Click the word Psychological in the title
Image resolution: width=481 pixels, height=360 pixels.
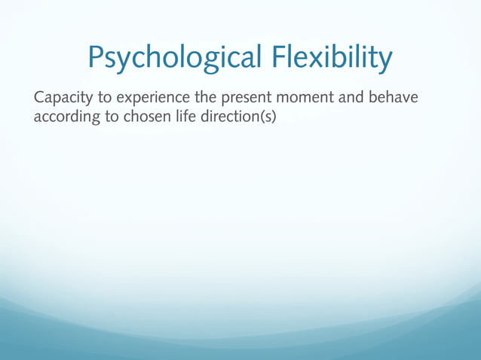(173, 58)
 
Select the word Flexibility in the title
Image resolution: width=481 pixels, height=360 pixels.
(330, 58)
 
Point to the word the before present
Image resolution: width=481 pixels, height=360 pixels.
(207, 99)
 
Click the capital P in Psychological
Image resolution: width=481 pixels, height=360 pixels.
(96, 56)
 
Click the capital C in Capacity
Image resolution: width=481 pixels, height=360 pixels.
(39, 99)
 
